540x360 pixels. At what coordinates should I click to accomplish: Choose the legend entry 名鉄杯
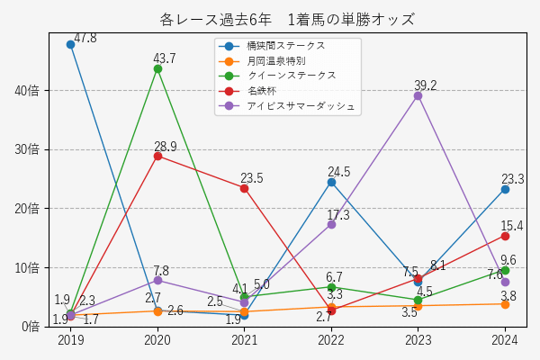(x=262, y=91)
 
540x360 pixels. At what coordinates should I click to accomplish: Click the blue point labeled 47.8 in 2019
(x=70, y=44)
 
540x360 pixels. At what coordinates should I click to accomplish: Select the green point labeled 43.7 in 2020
(x=157, y=68)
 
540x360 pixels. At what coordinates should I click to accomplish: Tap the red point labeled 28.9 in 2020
(x=157, y=156)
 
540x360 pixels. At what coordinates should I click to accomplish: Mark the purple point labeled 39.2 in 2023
(x=418, y=95)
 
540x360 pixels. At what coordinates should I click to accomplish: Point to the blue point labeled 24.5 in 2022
(x=331, y=182)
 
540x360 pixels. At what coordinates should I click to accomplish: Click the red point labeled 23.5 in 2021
(x=244, y=187)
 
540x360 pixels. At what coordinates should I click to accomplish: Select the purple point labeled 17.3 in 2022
(x=331, y=224)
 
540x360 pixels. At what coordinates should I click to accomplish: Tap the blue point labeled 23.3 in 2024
(x=505, y=189)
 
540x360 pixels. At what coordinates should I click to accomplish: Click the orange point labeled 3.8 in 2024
(x=505, y=304)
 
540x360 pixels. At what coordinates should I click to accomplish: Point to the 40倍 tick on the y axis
(x=28, y=91)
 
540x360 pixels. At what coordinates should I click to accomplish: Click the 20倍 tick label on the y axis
(x=28, y=209)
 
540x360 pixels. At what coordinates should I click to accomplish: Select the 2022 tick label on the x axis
(x=331, y=340)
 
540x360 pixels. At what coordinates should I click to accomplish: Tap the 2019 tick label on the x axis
(x=70, y=340)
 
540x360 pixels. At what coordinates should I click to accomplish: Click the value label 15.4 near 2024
(x=512, y=226)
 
